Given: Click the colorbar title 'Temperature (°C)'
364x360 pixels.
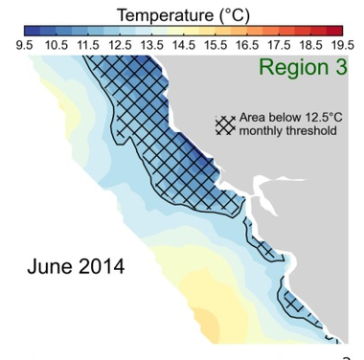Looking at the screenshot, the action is pyautogui.click(x=183, y=15).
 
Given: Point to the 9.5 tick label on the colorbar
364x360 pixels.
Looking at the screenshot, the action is pyautogui.click(x=25, y=45).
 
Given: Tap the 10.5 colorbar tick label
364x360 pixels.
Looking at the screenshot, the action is pyautogui.click(x=57, y=45).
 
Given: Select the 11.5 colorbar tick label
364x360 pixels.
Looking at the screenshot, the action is pyautogui.click(x=88, y=45).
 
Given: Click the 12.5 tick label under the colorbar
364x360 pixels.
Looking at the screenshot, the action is pyautogui.click(x=120, y=45).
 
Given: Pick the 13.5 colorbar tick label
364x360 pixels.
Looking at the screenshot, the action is pyautogui.click(x=152, y=45).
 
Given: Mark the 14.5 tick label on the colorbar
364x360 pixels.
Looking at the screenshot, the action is pyautogui.click(x=184, y=45).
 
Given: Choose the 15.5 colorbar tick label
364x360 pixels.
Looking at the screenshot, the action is pyautogui.click(x=216, y=45).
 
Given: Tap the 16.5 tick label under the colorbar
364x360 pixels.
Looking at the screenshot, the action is pyautogui.click(x=247, y=45).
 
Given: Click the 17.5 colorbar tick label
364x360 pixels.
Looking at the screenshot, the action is pyautogui.click(x=279, y=45).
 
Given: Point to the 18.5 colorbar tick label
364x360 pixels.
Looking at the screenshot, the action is pyautogui.click(x=311, y=45).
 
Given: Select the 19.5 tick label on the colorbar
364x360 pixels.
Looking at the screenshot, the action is pyautogui.click(x=343, y=45).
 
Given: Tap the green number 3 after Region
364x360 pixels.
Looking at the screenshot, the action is pyautogui.click(x=341, y=67).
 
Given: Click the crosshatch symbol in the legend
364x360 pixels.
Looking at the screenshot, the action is pyautogui.click(x=225, y=124).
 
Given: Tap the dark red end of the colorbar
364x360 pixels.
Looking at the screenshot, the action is pyautogui.click(x=334, y=31).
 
